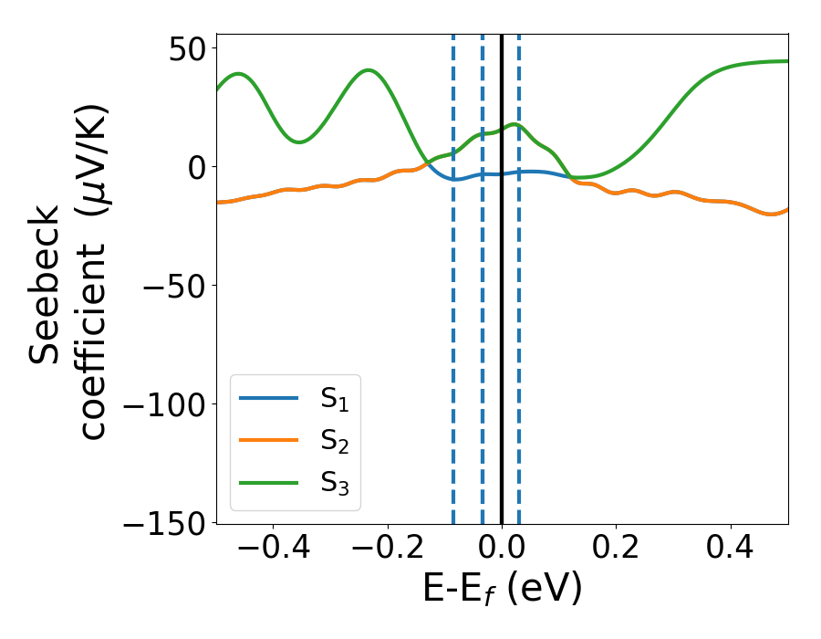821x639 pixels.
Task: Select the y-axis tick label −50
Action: coord(173,285)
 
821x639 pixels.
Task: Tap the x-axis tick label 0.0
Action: coord(502,550)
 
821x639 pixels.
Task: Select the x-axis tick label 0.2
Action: coord(617,550)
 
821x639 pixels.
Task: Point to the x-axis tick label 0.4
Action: coord(731,550)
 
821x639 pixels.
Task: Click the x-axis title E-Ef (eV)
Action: coord(502,591)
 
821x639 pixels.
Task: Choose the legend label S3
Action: coord(335,483)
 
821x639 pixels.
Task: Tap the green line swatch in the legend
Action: coord(268,482)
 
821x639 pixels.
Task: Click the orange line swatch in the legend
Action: coord(268,440)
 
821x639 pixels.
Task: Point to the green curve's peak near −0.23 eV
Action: coord(368,70)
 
